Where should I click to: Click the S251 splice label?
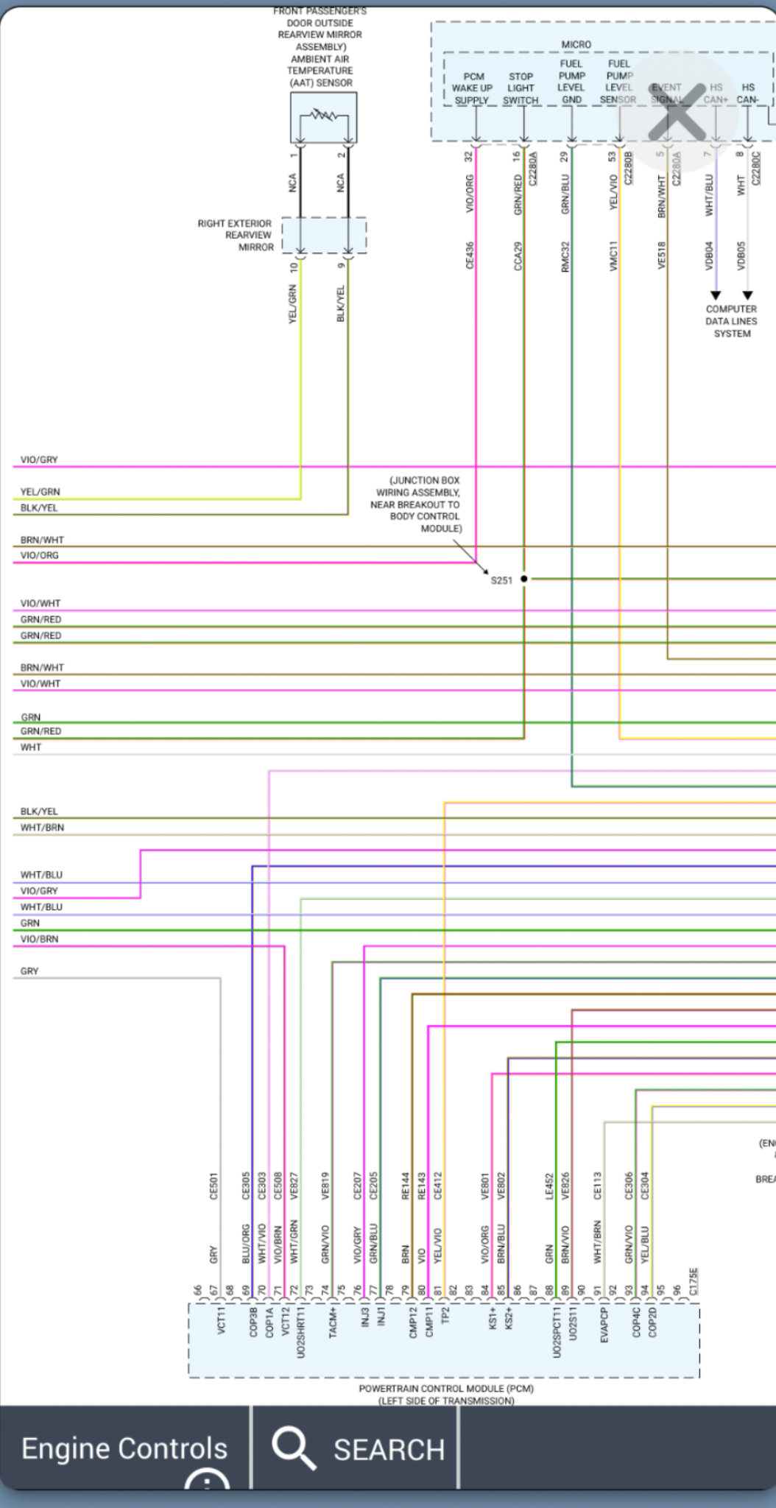pyautogui.click(x=501, y=580)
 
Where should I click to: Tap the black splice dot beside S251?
pyautogui.click(x=524, y=579)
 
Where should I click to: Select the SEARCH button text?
pyautogui.click(x=389, y=1449)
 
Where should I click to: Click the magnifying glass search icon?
pyautogui.click(x=293, y=1447)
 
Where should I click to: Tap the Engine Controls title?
pyautogui.click(x=124, y=1448)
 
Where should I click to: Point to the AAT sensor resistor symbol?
pyautogui.click(x=323, y=116)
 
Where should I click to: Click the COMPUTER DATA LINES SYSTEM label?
pyautogui.click(x=731, y=321)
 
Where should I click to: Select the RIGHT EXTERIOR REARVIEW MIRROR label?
pyautogui.click(x=236, y=235)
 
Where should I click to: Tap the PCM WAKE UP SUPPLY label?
pyautogui.click(x=472, y=88)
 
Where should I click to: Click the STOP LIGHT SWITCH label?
pyautogui.click(x=521, y=88)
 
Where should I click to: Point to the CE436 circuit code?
pyautogui.click(x=470, y=256)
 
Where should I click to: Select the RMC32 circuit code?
pyautogui.click(x=565, y=256)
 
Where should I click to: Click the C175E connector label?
pyautogui.click(x=693, y=1281)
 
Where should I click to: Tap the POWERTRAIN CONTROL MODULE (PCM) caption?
pyautogui.click(x=446, y=1388)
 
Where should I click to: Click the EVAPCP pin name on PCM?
pyautogui.click(x=604, y=1325)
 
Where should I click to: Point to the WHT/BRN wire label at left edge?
pyautogui.click(x=42, y=828)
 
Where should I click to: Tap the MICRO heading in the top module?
pyautogui.click(x=576, y=45)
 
